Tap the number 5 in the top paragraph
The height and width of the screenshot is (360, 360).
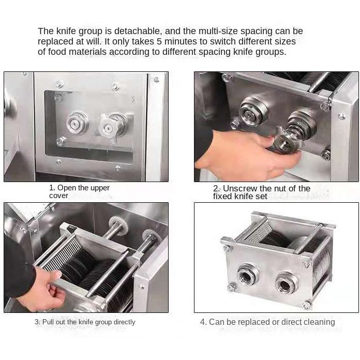click(x=159, y=41)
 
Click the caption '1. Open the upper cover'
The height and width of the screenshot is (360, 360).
click(x=79, y=191)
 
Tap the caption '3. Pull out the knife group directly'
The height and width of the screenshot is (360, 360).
click(x=85, y=322)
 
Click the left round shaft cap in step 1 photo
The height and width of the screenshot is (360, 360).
click(x=77, y=123)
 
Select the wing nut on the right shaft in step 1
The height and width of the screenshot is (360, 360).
click(x=109, y=127)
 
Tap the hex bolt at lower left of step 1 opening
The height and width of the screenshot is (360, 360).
click(x=61, y=141)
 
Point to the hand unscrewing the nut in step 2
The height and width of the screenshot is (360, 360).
click(x=248, y=155)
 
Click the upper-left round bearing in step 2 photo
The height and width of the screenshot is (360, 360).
click(x=253, y=112)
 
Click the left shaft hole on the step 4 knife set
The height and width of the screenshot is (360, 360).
click(x=247, y=275)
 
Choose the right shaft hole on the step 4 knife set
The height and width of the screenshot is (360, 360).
click(x=286, y=284)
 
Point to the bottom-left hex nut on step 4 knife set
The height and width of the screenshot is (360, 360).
click(x=232, y=287)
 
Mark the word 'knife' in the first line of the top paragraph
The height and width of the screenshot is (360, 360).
click(x=67, y=31)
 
